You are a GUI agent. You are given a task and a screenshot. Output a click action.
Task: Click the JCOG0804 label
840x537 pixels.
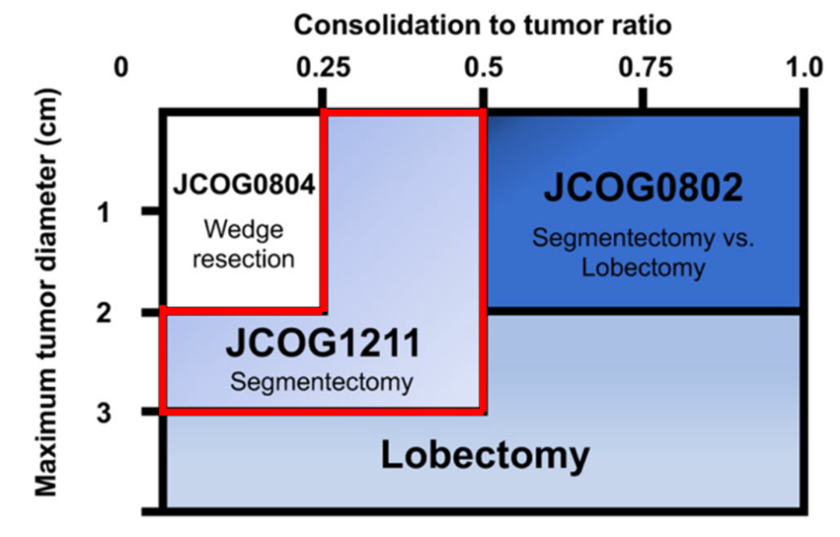(243, 185)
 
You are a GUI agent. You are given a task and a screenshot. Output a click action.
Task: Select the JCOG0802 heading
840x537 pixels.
(643, 187)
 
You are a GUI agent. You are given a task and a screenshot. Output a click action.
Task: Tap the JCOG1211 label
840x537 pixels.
(323, 343)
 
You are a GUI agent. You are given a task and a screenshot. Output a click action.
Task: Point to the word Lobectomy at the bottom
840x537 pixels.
(485, 455)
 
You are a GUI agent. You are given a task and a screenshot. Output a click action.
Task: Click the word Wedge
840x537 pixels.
(243, 231)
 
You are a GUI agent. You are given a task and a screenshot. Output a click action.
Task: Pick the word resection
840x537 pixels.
(243, 259)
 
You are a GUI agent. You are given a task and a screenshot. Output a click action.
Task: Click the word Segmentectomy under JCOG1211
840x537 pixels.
(321, 382)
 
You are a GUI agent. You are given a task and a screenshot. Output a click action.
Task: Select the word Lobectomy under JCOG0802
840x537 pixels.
(643, 267)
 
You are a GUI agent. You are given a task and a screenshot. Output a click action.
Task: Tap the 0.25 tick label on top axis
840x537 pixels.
(324, 68)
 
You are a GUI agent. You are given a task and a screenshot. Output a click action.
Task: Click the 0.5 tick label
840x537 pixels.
(484, 68)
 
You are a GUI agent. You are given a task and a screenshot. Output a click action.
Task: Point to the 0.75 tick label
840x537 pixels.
(646, 68)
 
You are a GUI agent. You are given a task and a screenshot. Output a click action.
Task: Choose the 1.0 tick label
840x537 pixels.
(804, 68)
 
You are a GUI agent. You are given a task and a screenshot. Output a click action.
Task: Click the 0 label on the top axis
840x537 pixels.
(121, 68)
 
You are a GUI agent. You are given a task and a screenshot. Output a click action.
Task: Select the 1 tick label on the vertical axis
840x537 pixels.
(103, 213)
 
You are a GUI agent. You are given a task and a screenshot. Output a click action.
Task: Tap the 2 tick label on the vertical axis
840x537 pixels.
(104, 312)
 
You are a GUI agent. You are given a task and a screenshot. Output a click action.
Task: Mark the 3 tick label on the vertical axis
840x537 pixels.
(104, 413)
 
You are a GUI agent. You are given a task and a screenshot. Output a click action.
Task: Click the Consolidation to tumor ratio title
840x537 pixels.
(483, 25)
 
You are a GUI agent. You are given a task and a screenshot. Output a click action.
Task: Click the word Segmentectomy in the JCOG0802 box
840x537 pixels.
(624, 238)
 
